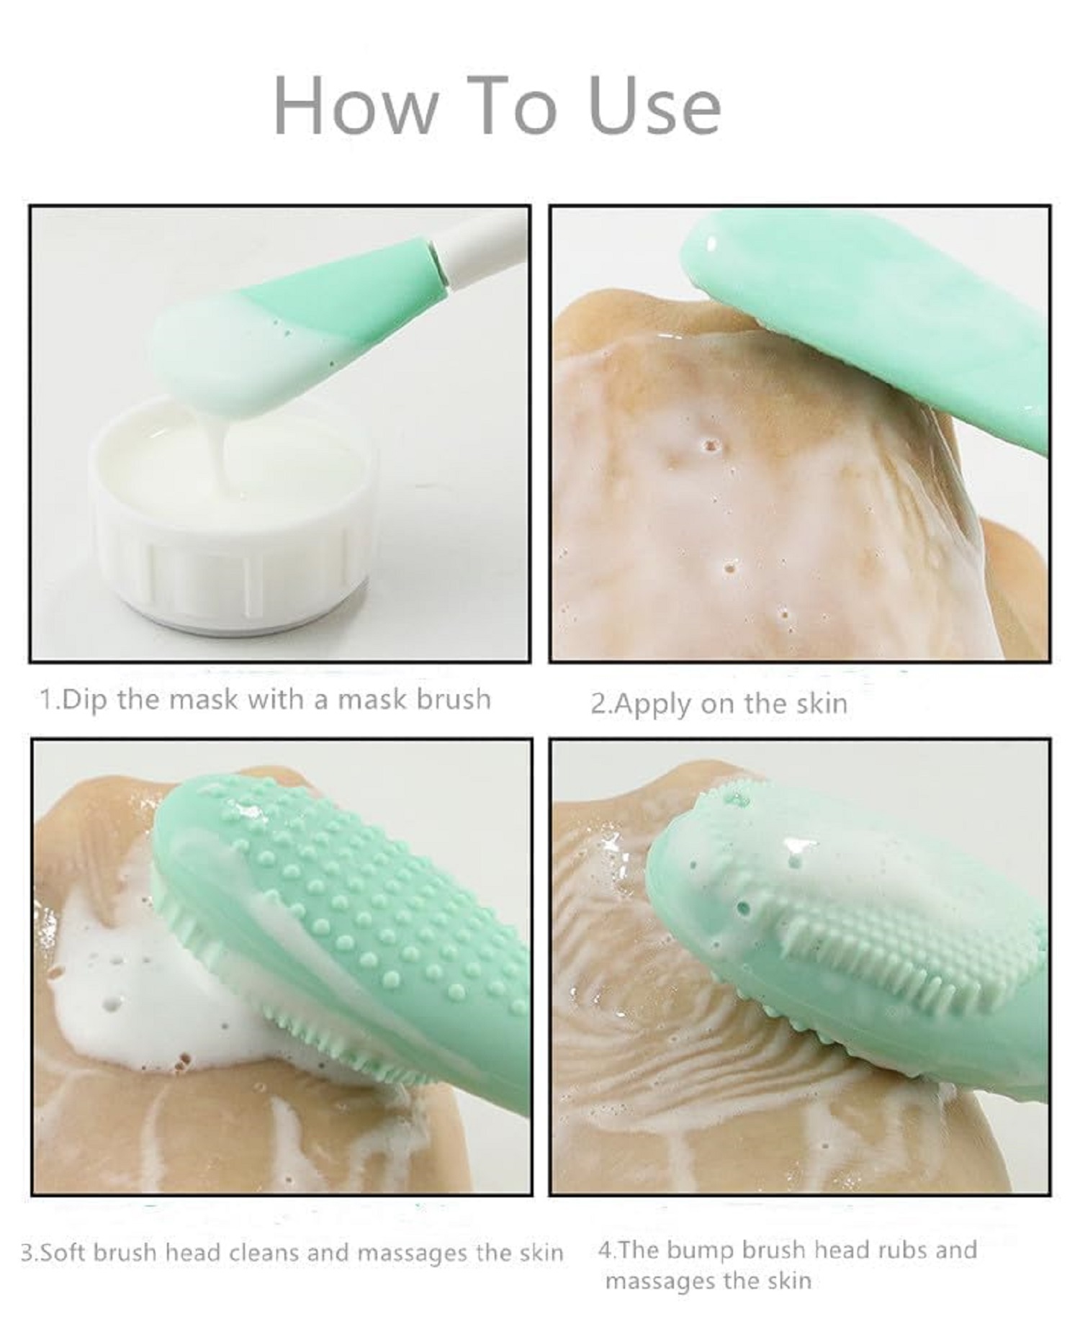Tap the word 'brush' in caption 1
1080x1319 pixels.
click(454, 700)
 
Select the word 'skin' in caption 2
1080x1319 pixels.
click(822, 703)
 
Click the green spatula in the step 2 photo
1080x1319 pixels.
click(864, 317)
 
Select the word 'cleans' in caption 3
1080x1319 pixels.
click(263, 1253)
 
